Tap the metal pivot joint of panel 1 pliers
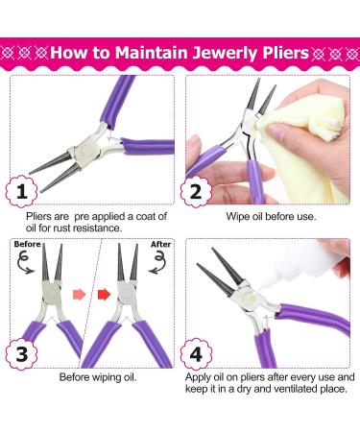(85, 147)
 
